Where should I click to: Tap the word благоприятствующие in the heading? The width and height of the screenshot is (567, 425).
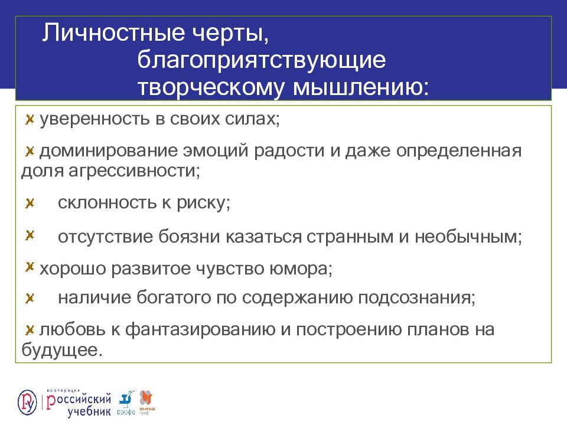pyautogui.click(x=262, y=60)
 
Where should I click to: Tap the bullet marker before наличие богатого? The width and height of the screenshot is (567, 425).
pyautogui.click(x=29, y=297)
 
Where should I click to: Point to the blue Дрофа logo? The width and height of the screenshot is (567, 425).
pyautogui.click(x=126, y=401)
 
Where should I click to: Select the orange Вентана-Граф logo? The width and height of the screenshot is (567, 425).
pyautogui.click(x=145, y=400)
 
